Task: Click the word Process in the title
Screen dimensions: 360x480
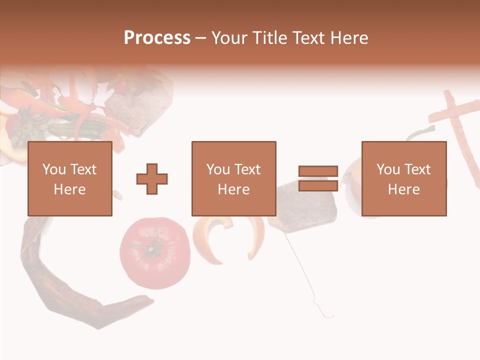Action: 157,38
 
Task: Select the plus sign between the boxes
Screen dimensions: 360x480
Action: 152,178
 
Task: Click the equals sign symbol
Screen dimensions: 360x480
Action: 318,178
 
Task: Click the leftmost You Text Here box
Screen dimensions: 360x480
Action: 69,178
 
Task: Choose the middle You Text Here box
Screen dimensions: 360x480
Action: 233,178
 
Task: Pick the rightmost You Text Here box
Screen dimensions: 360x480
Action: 403,178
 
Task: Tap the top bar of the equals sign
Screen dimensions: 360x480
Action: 318,171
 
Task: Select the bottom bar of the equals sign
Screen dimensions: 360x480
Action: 318,185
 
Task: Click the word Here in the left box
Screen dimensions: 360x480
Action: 69,189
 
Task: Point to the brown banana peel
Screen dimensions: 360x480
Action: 60,285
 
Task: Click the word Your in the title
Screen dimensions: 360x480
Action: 229,38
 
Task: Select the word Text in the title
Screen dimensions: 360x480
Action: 307,38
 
